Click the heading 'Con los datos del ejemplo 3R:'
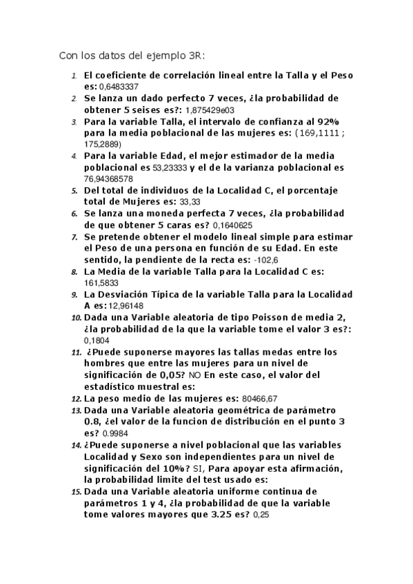(x=132, y=56)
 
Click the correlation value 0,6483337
(x=119, y=87)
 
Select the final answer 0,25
(x=261, y=514)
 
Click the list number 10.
(x=76, y=317)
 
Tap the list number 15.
(x=76, y=491)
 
